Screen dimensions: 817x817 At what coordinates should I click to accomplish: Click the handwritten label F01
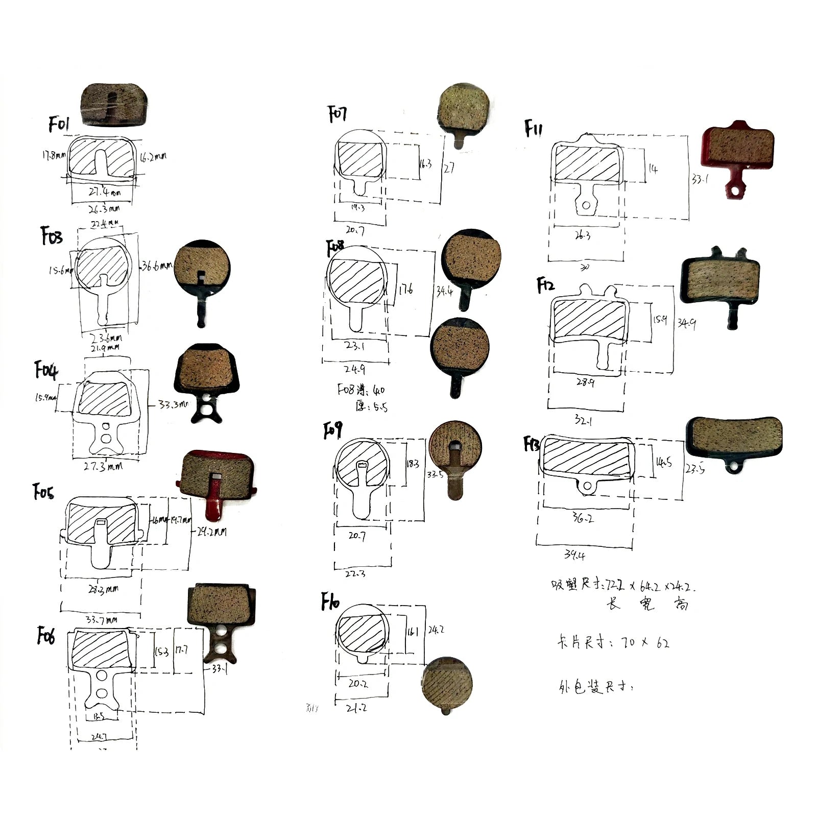(x=59, y=124)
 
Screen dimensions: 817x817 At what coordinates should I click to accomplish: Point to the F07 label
(x=338, y=114)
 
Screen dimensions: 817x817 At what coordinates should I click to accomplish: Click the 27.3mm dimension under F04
(x=104, y=466)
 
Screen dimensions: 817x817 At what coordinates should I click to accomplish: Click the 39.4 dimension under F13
(x=575, y=555)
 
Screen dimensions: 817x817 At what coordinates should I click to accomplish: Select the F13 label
(x=532, y=444)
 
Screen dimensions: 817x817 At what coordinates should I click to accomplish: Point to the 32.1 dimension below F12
(x=583, y=421)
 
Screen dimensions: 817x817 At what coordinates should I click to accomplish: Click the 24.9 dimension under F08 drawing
(x=355, y=369)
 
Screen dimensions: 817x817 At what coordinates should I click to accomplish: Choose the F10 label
(x=330, y=602)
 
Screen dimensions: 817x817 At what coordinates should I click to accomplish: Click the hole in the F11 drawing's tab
(x=586, y=205)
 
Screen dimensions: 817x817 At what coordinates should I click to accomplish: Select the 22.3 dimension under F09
(x=355, y=573)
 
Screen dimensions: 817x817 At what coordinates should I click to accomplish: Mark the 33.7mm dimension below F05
(x=102, y=620)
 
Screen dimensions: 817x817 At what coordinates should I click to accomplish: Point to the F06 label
(x=46, y=636)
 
